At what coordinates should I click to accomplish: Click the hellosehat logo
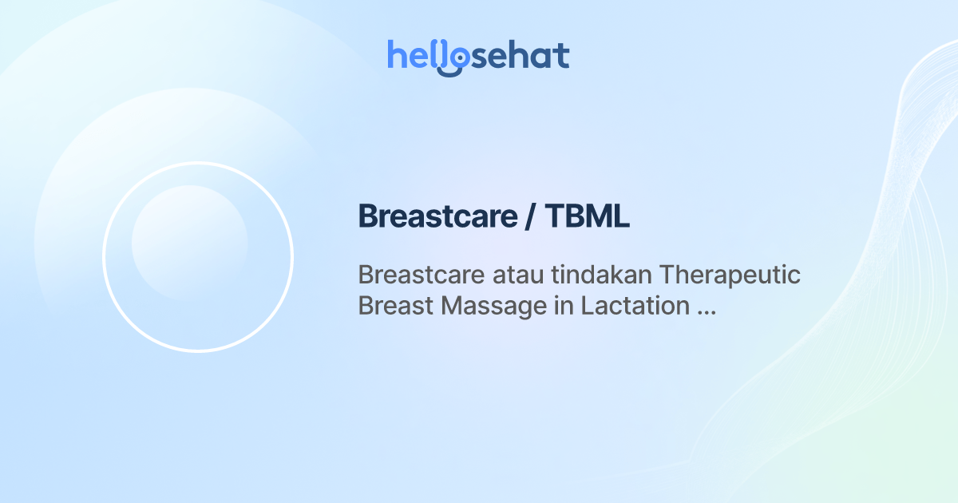pos(478,56)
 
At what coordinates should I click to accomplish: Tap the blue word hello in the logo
pos(423,55)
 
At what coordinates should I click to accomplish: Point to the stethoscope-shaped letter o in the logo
pos(453,59)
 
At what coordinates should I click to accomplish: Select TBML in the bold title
pos(588,216)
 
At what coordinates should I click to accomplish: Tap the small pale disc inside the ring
pos(189,243)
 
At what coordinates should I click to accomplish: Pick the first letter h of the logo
pos(396,55)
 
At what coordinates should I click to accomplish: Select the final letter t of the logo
pos(562,56)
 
